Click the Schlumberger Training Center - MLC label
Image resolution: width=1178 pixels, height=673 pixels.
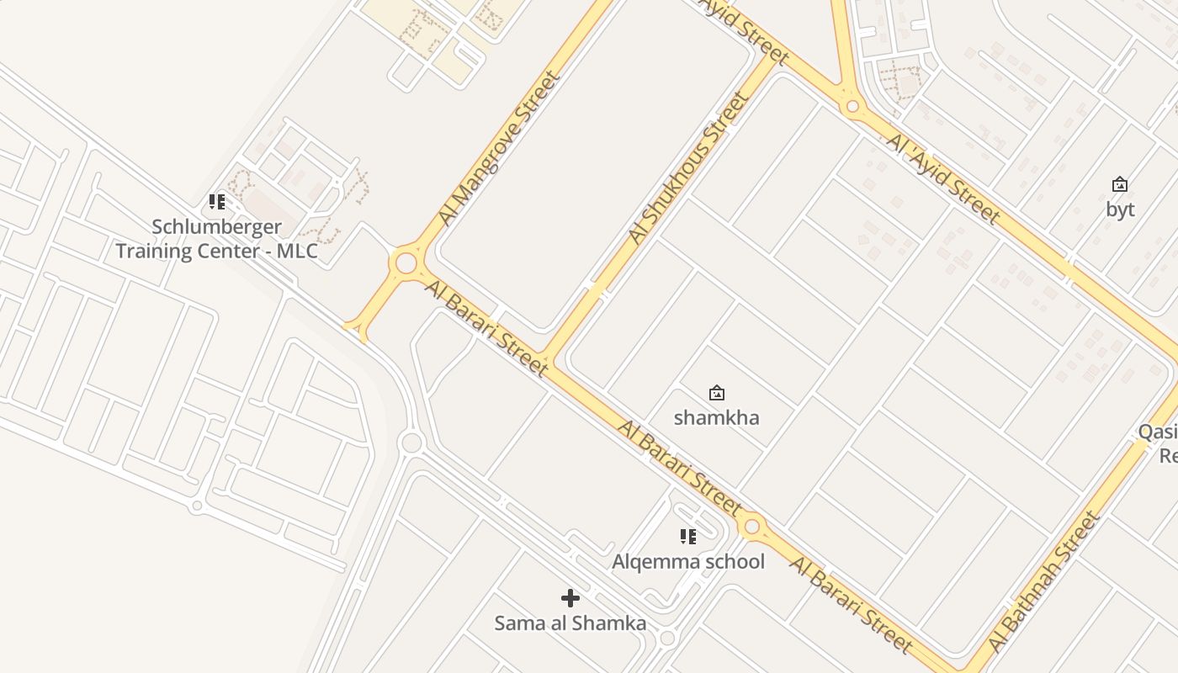pos(217,239)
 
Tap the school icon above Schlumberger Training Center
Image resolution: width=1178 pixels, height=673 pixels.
pos(217,202)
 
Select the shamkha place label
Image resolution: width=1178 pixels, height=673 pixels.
pos(717,417)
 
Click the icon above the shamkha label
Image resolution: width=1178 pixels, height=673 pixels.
pos(717,393)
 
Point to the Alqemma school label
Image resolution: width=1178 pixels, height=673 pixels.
pos(688,561)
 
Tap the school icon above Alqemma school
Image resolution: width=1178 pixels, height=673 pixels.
pos(688,537)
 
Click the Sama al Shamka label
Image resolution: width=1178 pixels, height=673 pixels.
pos(570,623)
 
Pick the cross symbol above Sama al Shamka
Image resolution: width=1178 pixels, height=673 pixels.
pos(570,598)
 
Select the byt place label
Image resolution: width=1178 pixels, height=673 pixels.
pos(1120,209)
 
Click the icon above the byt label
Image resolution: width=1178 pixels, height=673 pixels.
pos(1120,184)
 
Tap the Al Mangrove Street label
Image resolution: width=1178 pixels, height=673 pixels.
pos(499,149)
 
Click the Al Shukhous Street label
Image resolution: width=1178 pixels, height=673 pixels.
pos(688,168)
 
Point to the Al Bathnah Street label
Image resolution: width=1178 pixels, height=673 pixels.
pos(1044,581)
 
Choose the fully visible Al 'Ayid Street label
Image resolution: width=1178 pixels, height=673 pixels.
pos(943,178)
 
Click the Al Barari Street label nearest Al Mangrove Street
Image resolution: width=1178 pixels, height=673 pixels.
pos(487,327)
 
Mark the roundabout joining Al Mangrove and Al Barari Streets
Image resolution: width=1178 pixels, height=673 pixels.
pos(406,263)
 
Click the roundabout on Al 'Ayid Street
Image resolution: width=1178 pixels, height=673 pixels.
pos(852,107)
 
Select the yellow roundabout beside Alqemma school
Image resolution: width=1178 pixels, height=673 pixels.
pos(752,527)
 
